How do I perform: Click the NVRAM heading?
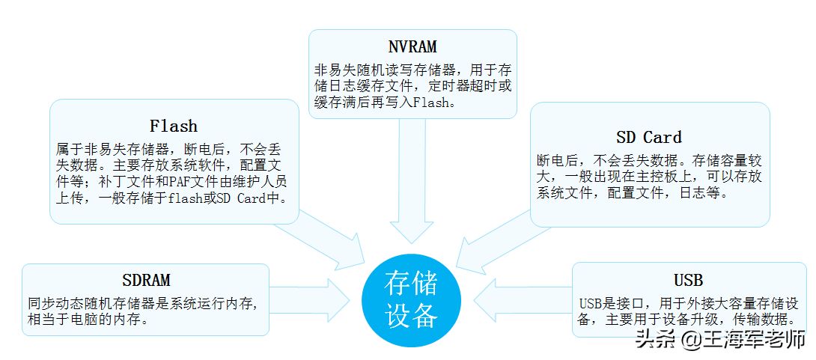coord(412,47)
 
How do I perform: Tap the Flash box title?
coord(174,126)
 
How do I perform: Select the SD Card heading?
coord(649,138)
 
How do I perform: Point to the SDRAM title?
coord(146,281)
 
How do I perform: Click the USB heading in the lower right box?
coord(689,281)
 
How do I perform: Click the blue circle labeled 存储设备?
coord(411,300)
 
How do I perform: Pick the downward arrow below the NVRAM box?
coord(412,180)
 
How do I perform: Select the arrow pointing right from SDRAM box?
coord(309,300)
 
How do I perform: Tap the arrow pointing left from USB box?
coord(523,300)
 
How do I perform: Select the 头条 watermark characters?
coord(654,341)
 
